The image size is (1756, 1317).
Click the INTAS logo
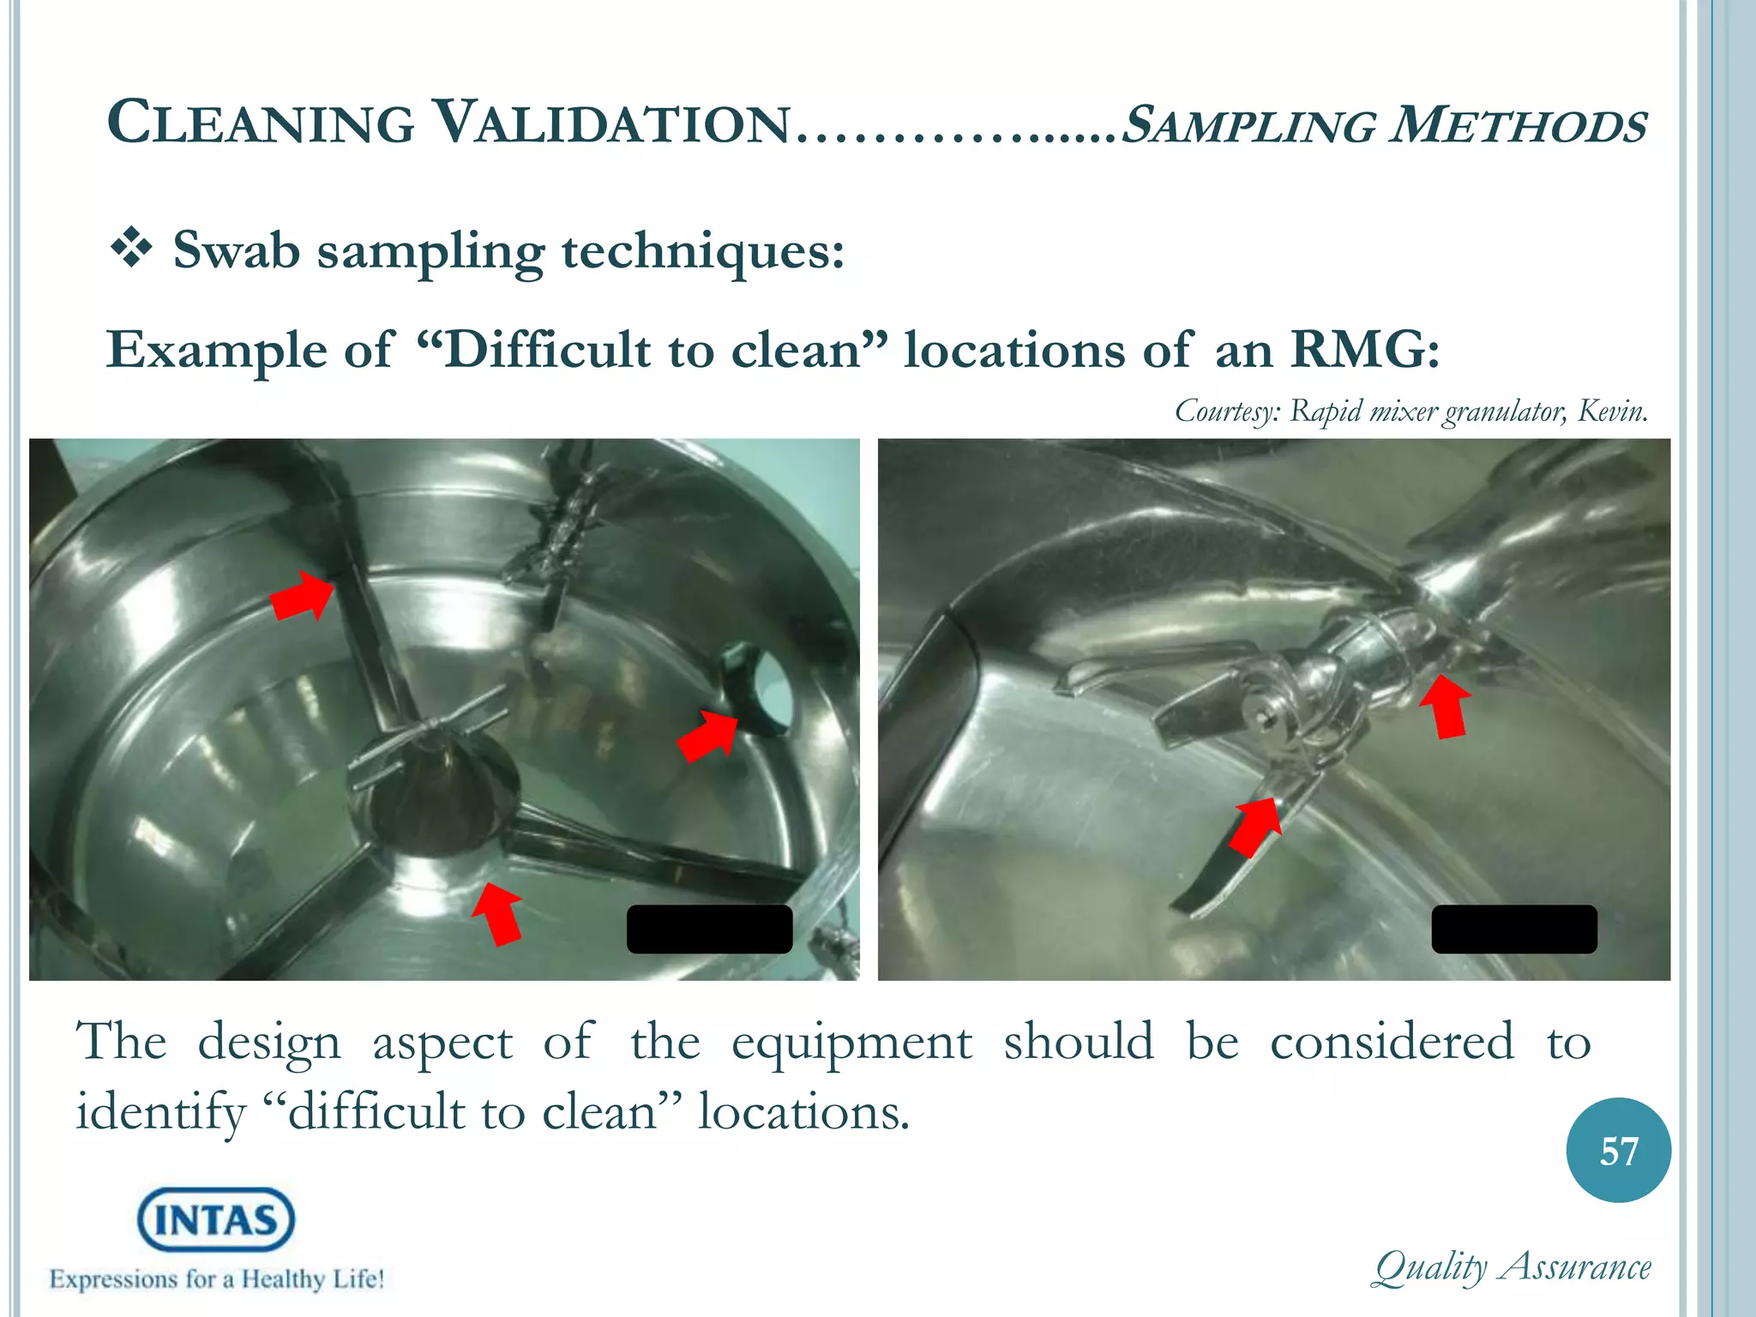tap(216, 1219)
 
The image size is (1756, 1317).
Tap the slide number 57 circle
tap(1618, 1151)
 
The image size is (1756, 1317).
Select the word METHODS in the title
tap(1518, 125)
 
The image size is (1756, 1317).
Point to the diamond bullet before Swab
tap(131, 250)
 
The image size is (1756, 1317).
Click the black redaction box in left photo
tap(709, 929)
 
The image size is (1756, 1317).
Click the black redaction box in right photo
tap(1514, 929)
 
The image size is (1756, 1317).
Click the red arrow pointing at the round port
tap(708, 735)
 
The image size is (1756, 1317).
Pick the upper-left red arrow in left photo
tap(303, 594)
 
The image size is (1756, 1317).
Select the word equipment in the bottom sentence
tap(851, 1043)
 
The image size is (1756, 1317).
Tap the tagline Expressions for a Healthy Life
tap(216, 1280)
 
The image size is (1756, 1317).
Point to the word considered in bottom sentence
tap(1392, 1043)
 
